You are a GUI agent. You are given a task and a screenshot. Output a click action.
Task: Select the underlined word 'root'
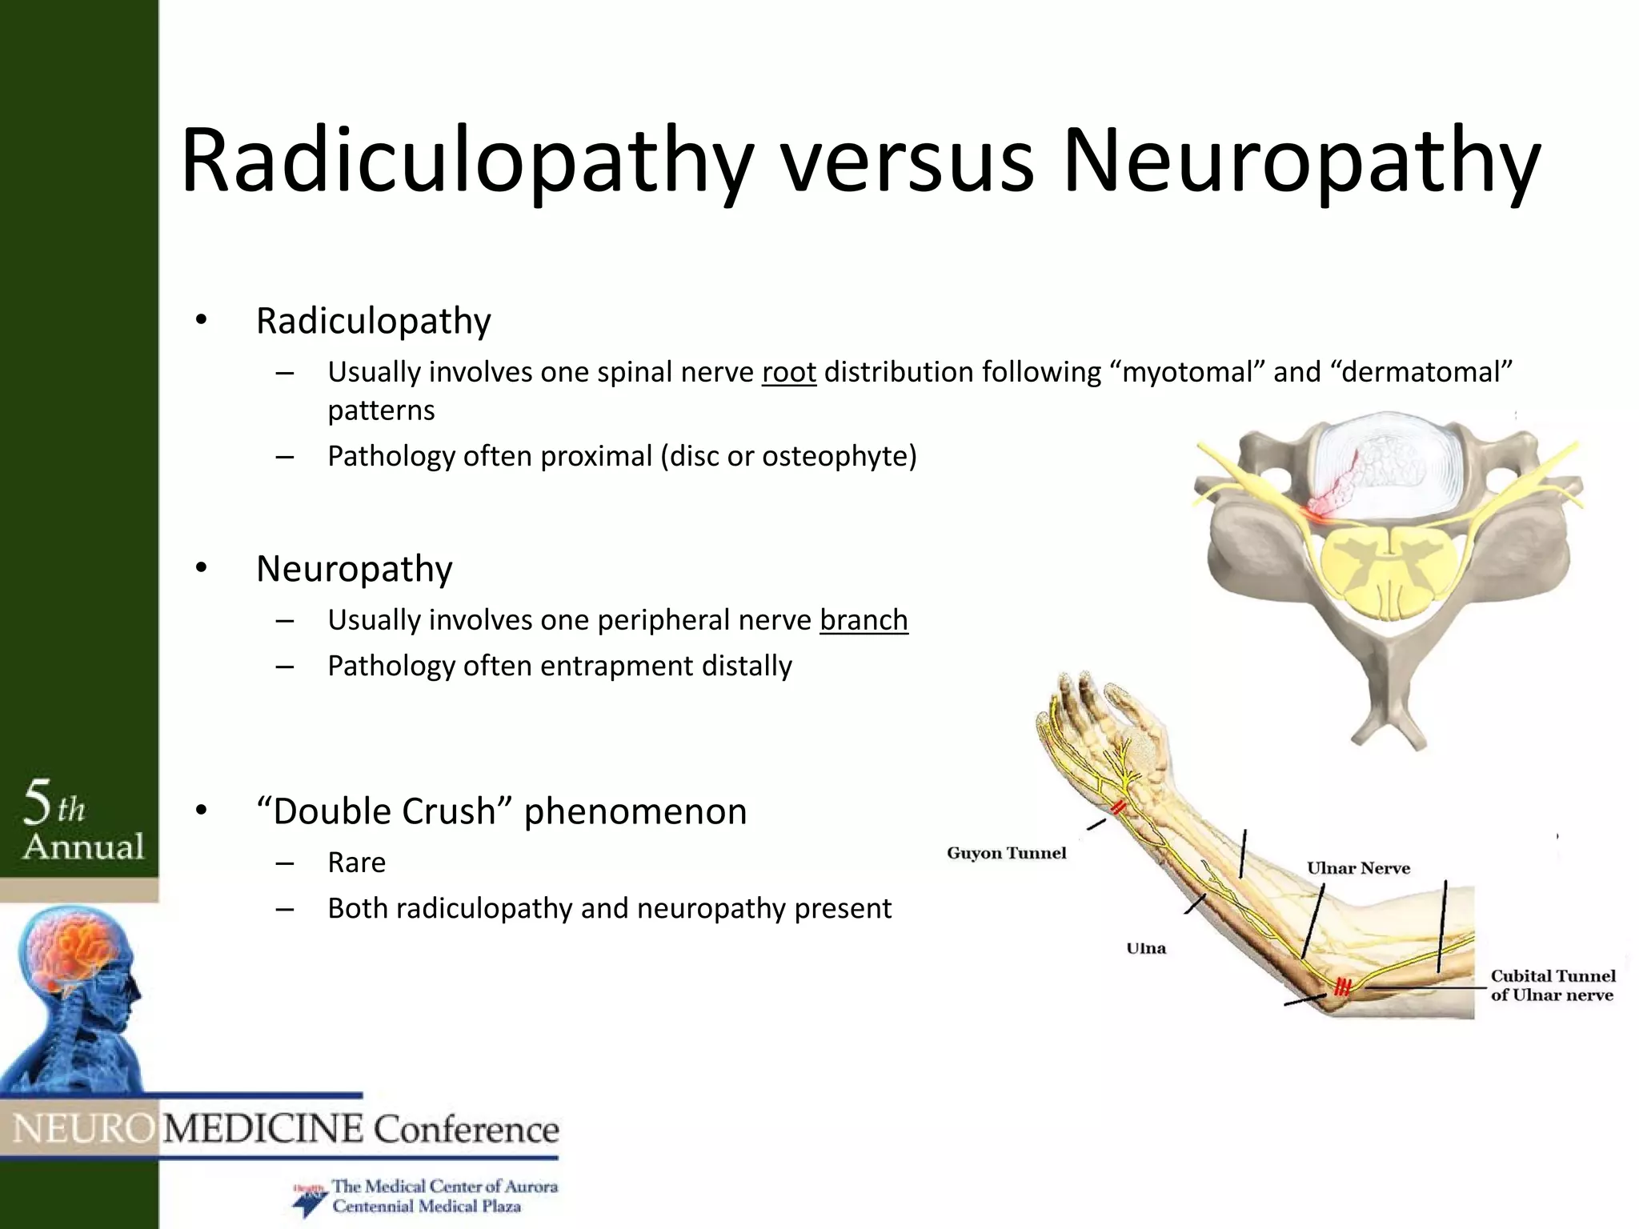(x=788, y=372)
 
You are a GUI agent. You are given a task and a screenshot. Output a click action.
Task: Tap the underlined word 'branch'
(x=864, y=620)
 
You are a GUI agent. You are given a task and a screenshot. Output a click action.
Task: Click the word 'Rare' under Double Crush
(x=356, y=863)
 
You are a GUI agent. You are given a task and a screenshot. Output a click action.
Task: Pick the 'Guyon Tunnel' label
(x=1006, y=853)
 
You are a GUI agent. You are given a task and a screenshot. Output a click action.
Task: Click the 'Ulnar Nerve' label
(x=1358, y=868)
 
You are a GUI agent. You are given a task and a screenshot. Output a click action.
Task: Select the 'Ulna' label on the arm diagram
(x=1146, y=948)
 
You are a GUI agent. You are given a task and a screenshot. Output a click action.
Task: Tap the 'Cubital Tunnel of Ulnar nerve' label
(x=1552, y=985)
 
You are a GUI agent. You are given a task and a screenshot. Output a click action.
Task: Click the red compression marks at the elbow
(x=1342, y=986)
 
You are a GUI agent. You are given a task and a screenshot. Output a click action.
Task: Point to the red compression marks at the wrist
(x=1118, y=807)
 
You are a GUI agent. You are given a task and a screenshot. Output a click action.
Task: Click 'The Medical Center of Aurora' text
(x=444, y=1186)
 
